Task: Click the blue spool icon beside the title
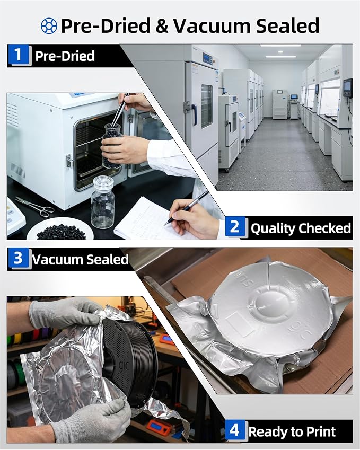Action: [49, 26]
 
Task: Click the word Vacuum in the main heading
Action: [211, 25]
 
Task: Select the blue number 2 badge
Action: [235, 227]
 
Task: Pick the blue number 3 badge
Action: [19, 258]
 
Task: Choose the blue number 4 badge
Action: [235, 430]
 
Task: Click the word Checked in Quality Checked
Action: [324, 228]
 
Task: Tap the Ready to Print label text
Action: [292, 431]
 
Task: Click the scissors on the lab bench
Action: [35, 206]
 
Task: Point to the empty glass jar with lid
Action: [102, 202]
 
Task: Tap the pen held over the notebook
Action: [187, 207]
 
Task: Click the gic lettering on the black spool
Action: [124, 366]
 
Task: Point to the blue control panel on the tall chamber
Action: [207, 58]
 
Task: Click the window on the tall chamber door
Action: [207, 106]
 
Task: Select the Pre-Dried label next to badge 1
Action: [65, 56]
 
